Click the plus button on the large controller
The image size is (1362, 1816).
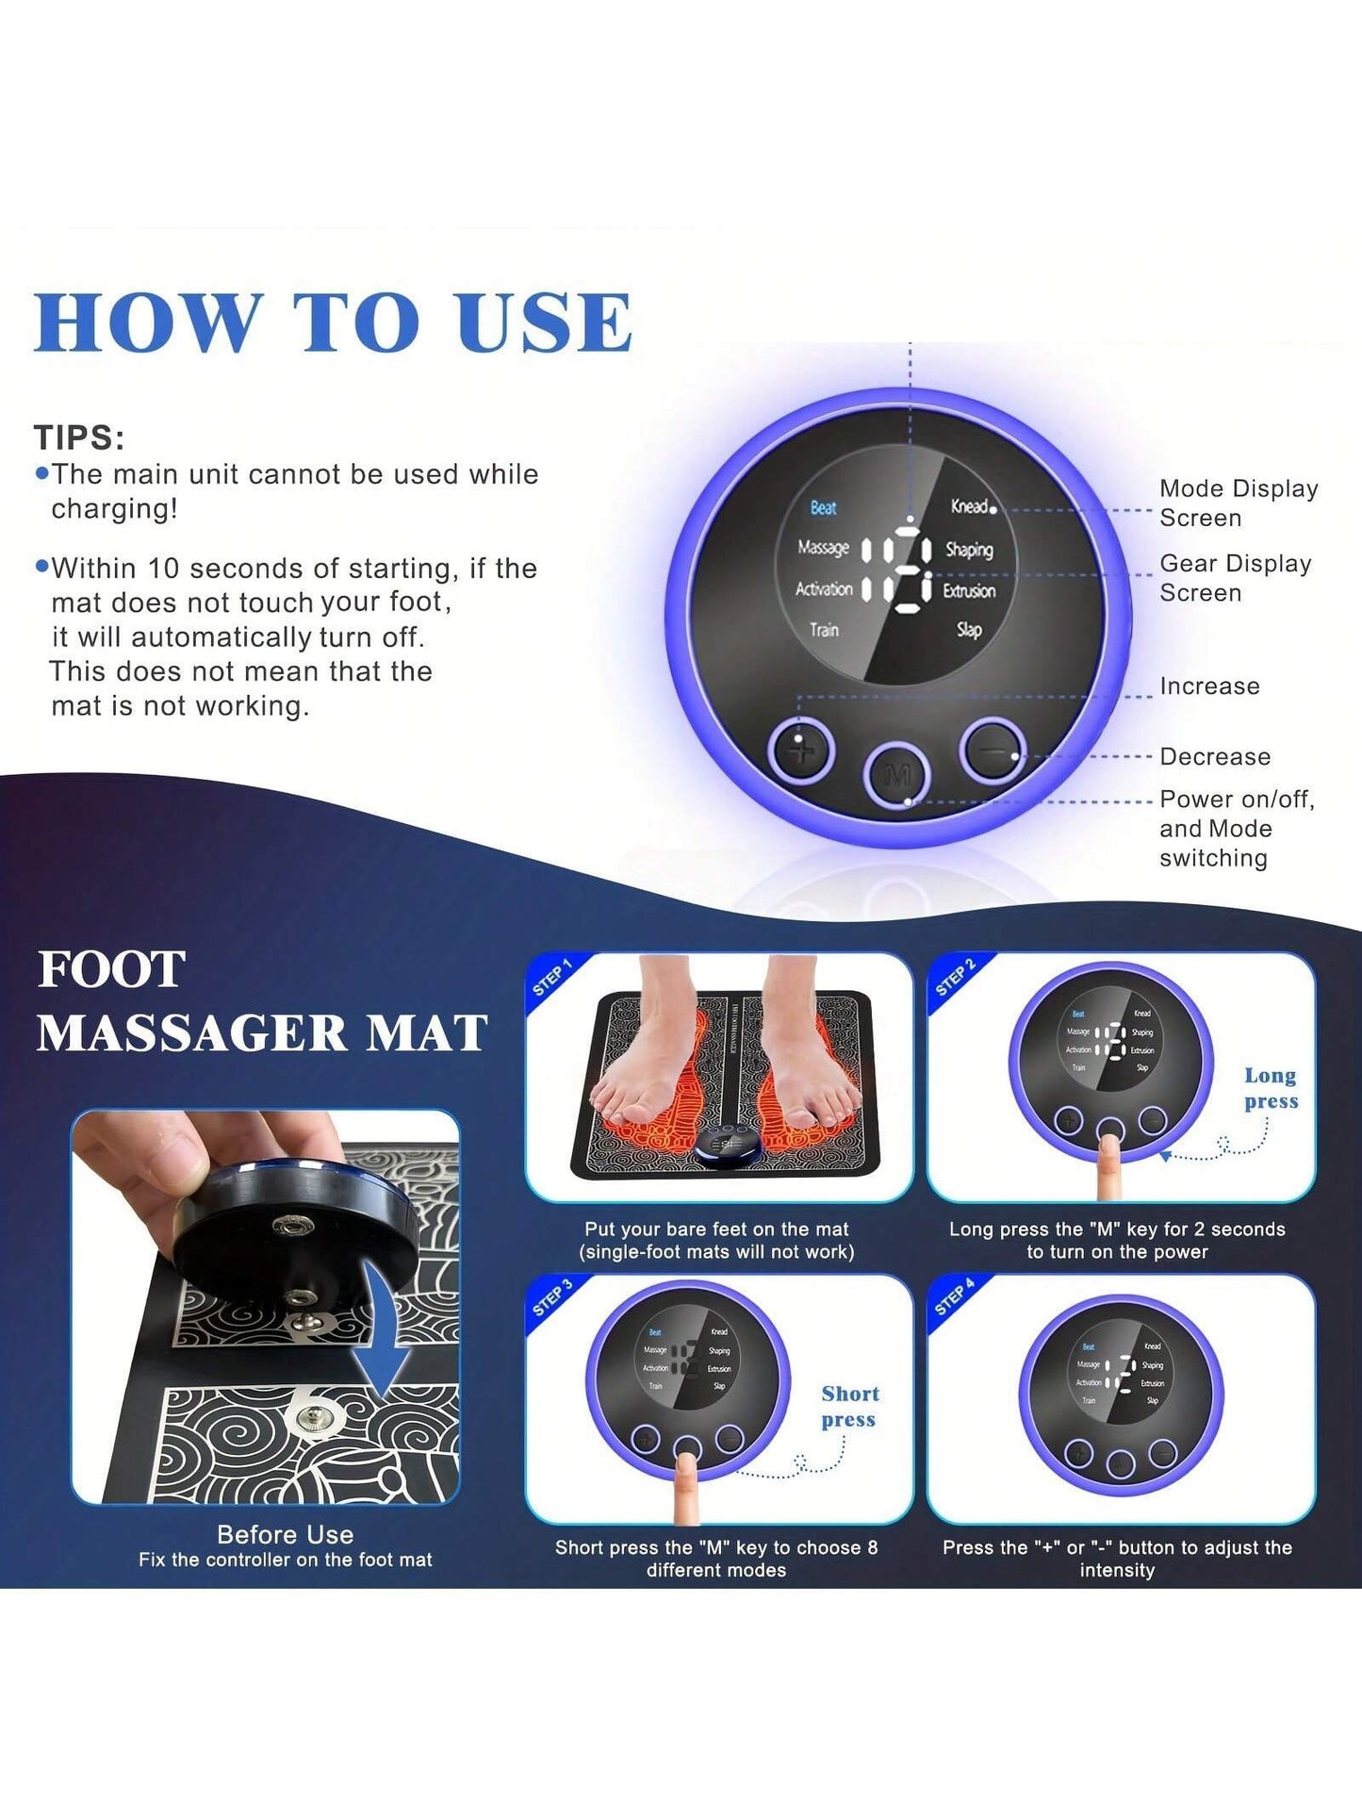801,751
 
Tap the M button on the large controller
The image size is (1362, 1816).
897,776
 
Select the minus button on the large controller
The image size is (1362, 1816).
993,750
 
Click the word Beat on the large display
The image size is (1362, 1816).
823,508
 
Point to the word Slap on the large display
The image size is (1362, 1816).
969,629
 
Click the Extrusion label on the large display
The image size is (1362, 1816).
969,590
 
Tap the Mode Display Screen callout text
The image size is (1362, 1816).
1238,504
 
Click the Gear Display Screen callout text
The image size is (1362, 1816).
1235,578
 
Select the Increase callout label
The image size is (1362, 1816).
1209,686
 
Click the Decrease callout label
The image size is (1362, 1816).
1215,757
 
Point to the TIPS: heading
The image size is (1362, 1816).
79,437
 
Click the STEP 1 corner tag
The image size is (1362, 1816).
552,978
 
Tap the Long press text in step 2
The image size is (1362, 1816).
1271,1088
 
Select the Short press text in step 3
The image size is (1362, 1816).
849,1407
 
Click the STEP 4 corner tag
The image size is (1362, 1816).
954,1298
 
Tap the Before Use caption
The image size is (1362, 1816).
285,1534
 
